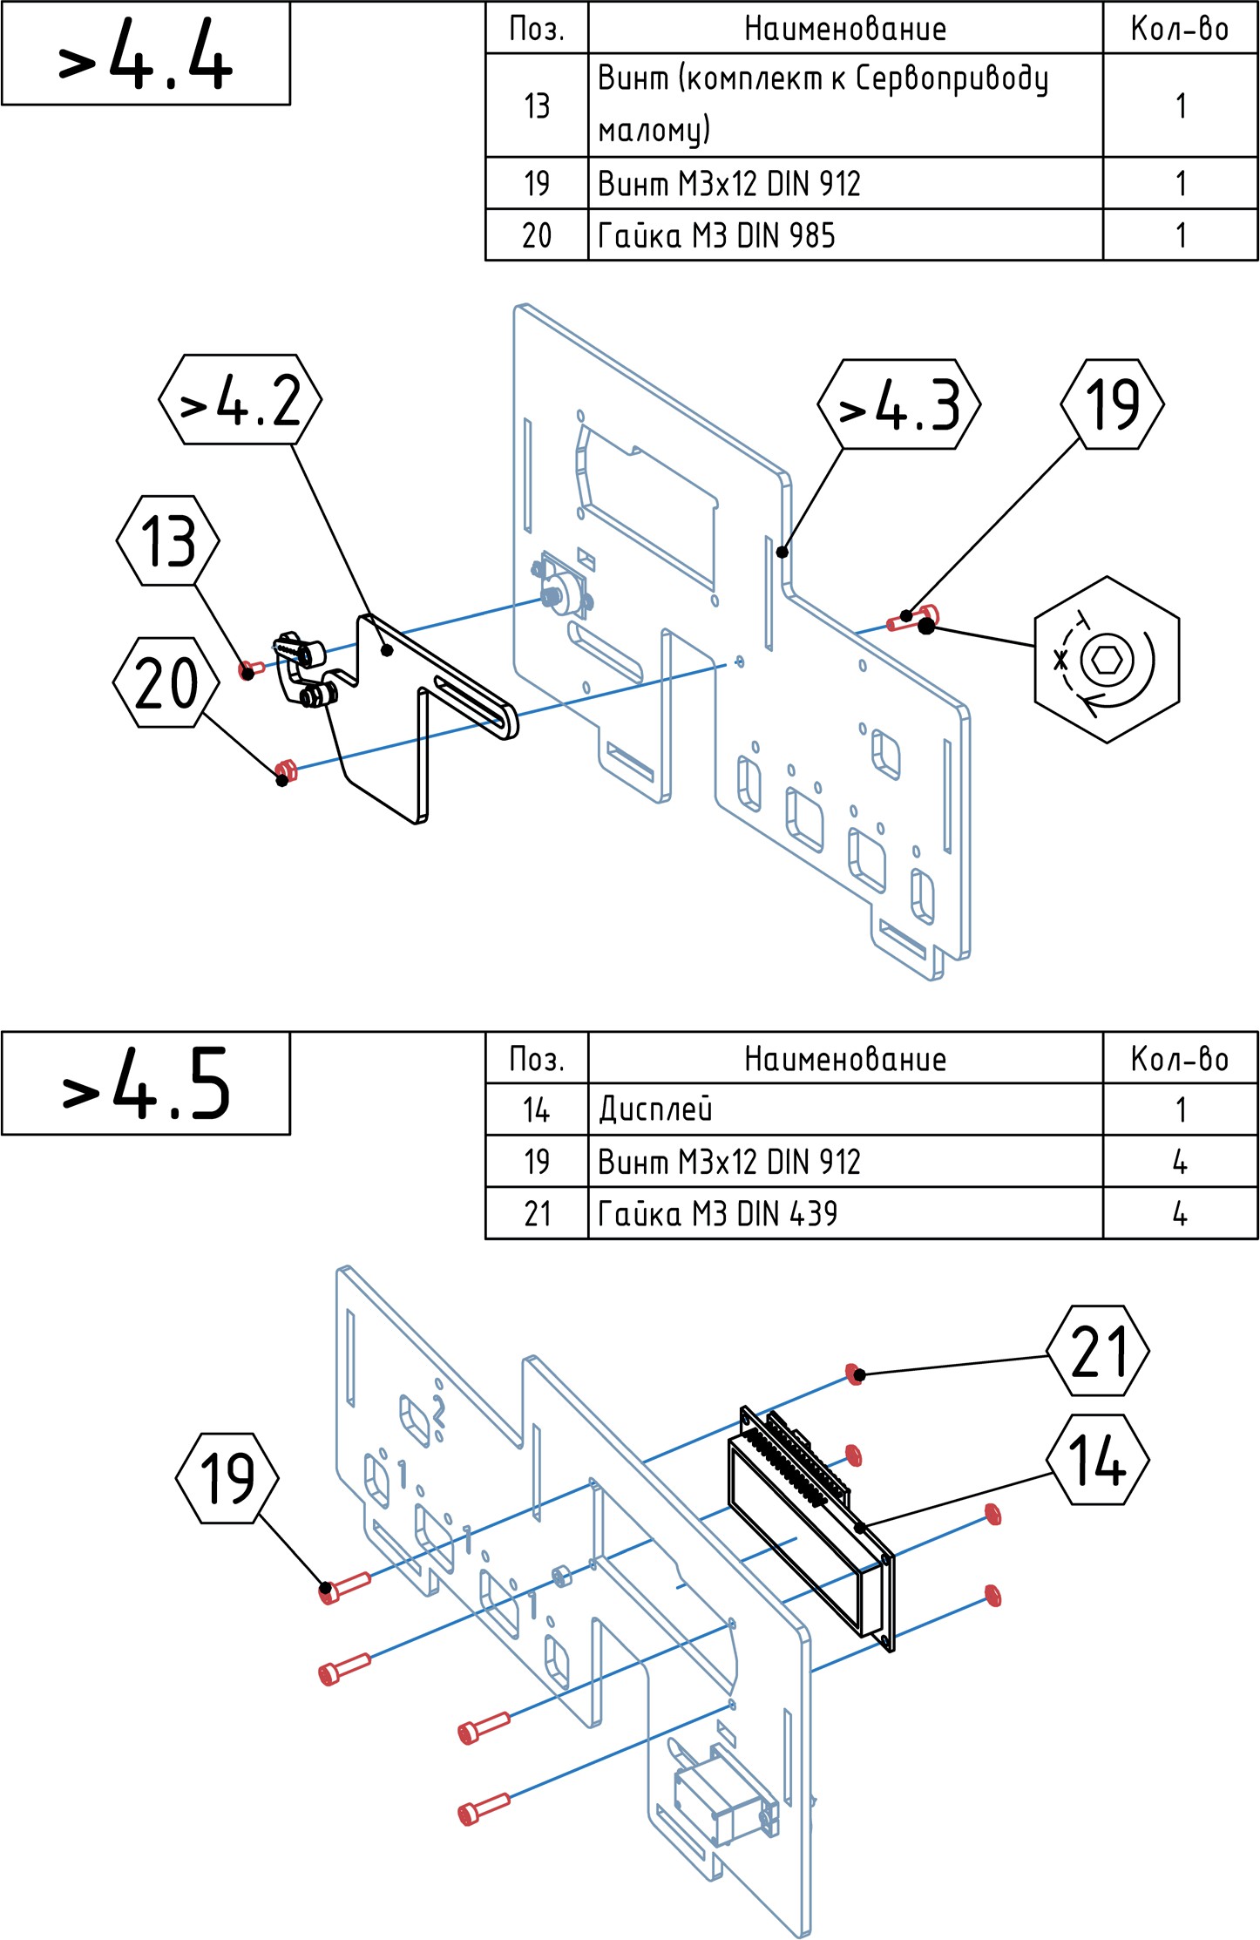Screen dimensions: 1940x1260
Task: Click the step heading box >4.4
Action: [146, 54]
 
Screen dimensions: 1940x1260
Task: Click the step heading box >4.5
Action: [146, 1083]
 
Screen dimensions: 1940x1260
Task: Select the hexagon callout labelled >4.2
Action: [240, 399]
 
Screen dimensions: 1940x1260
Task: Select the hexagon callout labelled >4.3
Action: [899, 404]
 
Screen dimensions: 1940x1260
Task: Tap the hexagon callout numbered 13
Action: [168, 540]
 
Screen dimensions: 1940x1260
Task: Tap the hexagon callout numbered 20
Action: [166, 682]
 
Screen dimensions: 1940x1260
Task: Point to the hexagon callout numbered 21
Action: [1097, 1351]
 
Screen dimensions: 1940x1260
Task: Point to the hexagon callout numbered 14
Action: [1097, 1461]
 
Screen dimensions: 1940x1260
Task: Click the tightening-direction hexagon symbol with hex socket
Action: [1107, 660]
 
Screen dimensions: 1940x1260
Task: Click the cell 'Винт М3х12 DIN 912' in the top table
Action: [845, 183]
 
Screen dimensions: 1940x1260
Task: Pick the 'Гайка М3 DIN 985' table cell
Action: [845, 234]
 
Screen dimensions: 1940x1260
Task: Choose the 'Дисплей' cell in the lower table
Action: [845, 1109]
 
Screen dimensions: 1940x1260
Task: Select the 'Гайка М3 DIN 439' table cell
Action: [845, 1213]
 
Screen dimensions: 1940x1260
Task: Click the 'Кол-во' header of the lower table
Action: [1180, 1059]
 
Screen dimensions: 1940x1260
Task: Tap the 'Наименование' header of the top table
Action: [845, 29]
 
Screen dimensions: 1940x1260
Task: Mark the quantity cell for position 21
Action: [1180, 1213]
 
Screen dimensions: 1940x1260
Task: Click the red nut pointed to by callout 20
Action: [286, 770]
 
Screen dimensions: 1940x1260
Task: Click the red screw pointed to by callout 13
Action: [251, 669]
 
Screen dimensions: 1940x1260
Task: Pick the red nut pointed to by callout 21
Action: [854, 1374]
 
